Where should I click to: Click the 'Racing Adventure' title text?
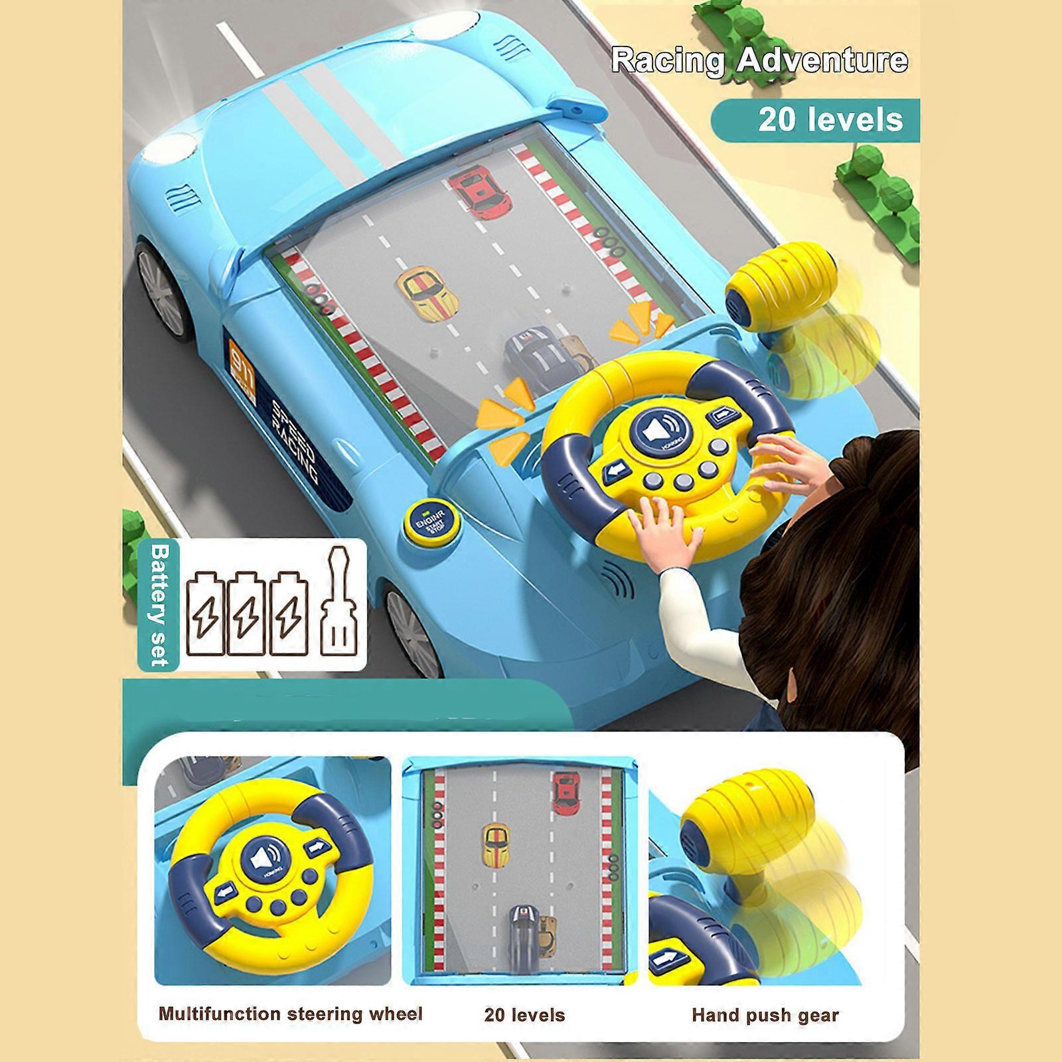pyautogui.click(x=759, y=60)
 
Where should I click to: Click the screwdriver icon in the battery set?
pyautogui.click(x=342, y=605)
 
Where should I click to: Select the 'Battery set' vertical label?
pyautogui.click(x=159, y=605)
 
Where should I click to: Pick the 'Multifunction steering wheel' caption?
pyautogui.click(x=290, y=1014)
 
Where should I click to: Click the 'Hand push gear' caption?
pyautogui.click(x=765, y=1015)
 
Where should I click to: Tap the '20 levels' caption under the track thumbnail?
pyautogui.click(x=524, y=1015)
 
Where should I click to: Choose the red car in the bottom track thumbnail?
pyautogui.click(x=566, y=793)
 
